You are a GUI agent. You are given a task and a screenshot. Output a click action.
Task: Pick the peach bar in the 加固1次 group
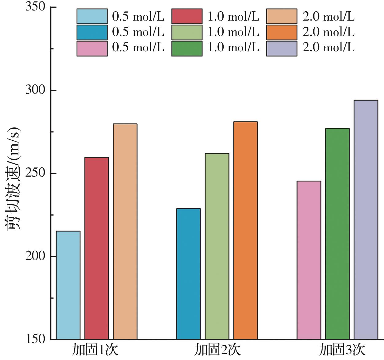pyautogui.click(x=125, y=232)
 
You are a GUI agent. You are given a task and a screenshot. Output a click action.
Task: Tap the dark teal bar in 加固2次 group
pyautogui.click(x=188, y=274)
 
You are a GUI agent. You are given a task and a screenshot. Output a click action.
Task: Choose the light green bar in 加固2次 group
pyautogui.click(x=217, y=246)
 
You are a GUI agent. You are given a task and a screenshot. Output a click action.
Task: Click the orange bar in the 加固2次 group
pyautogui.click(x=245, y=230)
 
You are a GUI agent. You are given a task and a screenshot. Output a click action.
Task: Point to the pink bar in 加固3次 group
pyautogui.click(x=309, y=260)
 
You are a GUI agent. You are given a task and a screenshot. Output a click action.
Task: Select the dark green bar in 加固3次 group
pyautogui.click(x=337, y=234)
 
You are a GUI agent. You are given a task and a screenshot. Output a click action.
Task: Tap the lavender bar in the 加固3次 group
pyautogui.click(x=366, y=220)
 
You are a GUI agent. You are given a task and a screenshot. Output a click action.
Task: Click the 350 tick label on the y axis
pyautogui.click(x=35, y=7)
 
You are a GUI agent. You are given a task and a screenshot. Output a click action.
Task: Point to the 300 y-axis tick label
pyautogui.click(x=35, y=90)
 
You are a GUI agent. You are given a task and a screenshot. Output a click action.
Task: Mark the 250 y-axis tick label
pyautogui.click(x=35, y=174)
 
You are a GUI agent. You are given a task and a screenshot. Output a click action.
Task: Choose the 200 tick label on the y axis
pyautogui.click(x=35, y=256)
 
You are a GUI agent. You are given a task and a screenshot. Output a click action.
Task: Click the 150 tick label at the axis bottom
pyautogui.click(x=35, y=339)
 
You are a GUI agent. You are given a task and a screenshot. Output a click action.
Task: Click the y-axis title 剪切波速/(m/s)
pyautogui.click(x=13, y=178)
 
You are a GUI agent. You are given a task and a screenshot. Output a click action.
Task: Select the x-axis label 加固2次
pyautogui.click(x=217, y=350)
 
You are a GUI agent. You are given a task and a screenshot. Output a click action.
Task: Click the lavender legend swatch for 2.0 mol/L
pyautogui.click(x=282, y=49)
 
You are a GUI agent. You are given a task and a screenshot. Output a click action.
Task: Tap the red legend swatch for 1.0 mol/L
pyautogui.click(x=187, y=16)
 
